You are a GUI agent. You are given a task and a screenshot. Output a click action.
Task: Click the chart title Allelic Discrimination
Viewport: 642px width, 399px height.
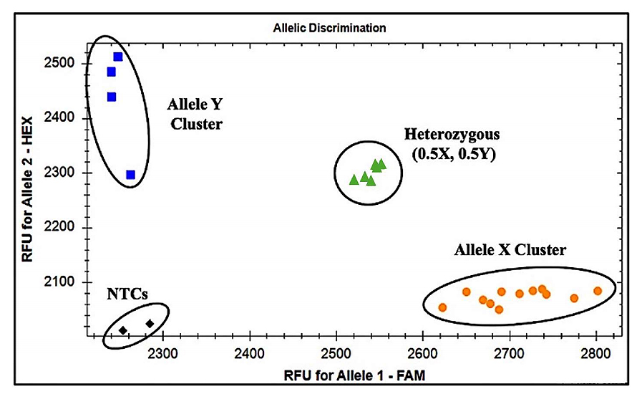click(x=330, y=29)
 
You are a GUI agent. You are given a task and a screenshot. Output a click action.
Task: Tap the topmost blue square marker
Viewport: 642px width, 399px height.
click(x=118, y=57)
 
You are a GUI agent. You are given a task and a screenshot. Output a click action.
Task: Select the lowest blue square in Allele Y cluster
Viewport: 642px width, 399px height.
click(x=130, y=175)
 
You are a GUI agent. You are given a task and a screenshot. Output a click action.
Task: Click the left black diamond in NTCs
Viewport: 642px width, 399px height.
click(x=123, y=330)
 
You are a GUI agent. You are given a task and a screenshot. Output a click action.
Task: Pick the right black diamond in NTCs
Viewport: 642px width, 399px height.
click(x=150, y=324)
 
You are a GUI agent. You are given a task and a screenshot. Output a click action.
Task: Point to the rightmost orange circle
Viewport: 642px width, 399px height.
click(x=598, y=291)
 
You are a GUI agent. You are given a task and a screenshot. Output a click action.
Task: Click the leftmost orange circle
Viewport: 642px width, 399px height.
click(x=442, y=307)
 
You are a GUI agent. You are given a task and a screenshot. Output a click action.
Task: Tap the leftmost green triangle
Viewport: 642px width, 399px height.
click(x=354, y=179)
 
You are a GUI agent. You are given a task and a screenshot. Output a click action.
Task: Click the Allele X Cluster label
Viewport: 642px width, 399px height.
click(x=510, y=250)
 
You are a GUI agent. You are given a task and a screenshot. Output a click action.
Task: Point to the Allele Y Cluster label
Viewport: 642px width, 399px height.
click(x=195, y=114)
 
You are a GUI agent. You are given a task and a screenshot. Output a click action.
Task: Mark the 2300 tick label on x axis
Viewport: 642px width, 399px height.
click(x=164, y=352)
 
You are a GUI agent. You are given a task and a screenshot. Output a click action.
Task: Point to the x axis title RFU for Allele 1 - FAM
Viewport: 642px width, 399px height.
click(x=337, y=375)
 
